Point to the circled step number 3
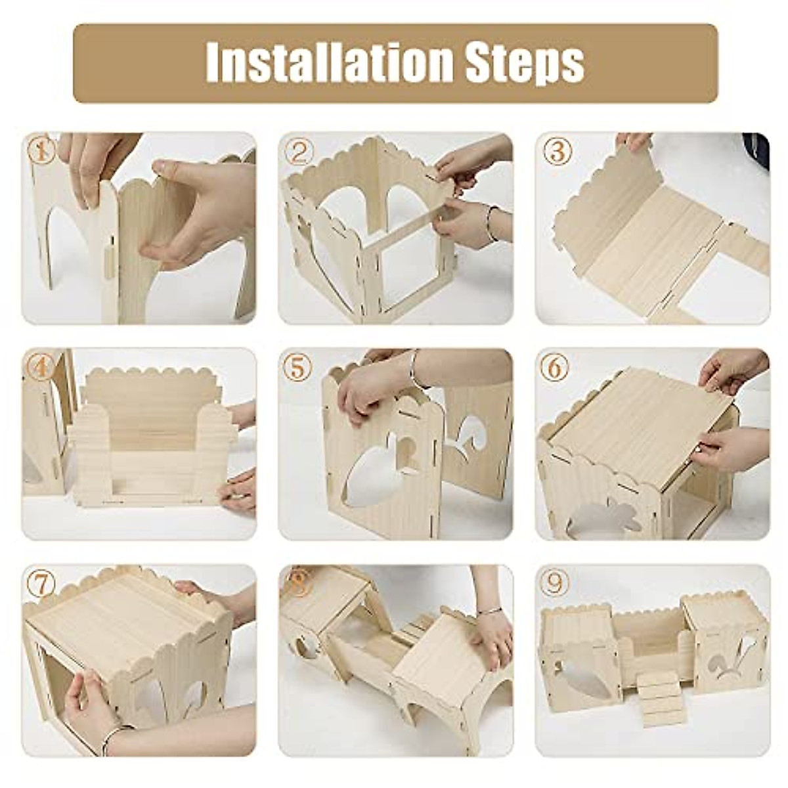(x=556, y=152)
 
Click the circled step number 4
(x=41, y=368)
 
